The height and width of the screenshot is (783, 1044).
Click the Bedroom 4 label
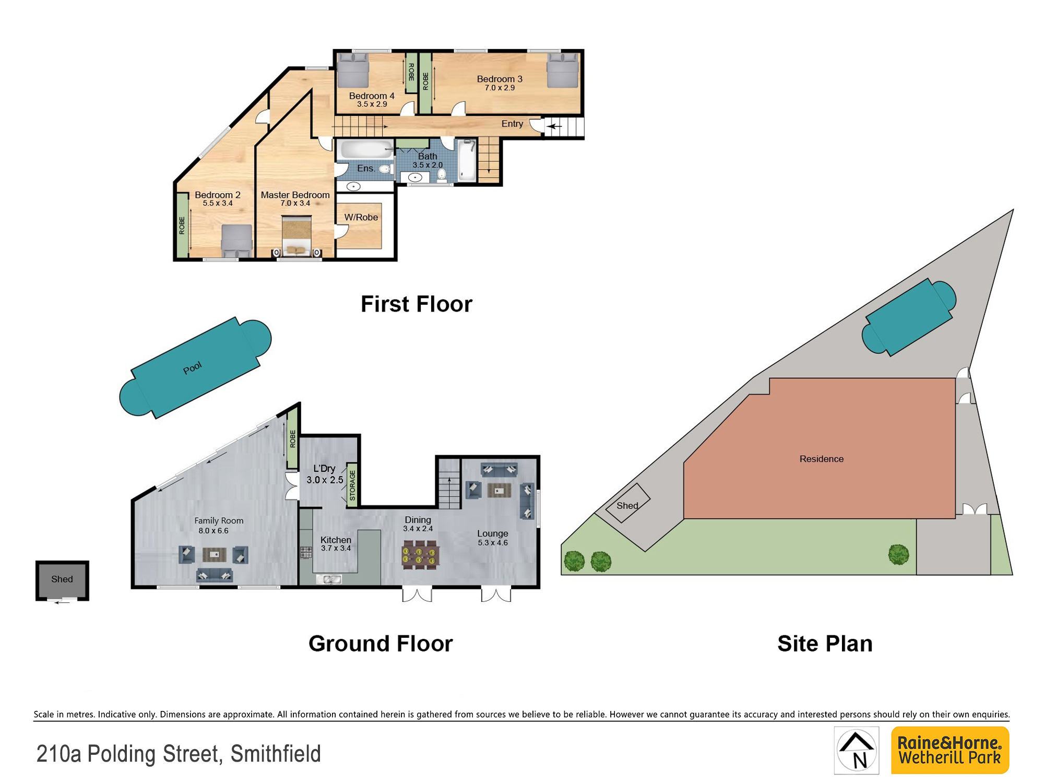372,96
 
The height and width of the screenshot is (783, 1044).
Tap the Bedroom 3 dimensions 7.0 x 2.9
500,88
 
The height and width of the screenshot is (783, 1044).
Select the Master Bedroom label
295,195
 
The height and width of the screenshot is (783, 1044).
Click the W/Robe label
361,217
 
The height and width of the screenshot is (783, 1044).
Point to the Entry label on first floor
512,124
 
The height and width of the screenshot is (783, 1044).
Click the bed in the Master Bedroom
296,236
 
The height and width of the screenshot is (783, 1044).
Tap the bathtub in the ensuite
366,149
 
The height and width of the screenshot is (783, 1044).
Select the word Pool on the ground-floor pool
192,368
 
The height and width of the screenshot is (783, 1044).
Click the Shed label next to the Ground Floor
62,579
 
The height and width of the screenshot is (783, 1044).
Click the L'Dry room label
324,468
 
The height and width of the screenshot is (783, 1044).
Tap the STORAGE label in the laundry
352,485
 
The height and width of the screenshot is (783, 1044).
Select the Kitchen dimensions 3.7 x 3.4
336,548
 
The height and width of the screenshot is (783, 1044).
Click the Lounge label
492,533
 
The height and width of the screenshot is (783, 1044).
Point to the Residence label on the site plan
821,459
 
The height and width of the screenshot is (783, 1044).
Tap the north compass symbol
857,750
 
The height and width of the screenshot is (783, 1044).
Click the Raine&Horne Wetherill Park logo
950,750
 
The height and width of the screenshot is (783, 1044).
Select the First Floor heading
416,304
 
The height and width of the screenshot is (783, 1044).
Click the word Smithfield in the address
276,754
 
